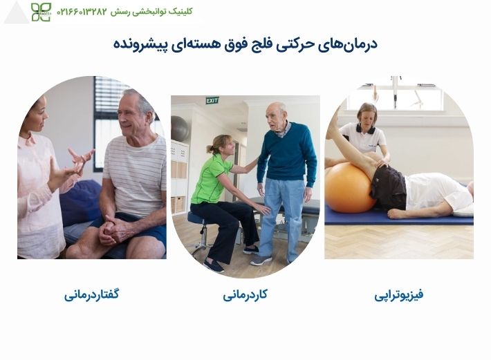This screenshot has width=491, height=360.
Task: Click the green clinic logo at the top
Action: pos(41,12)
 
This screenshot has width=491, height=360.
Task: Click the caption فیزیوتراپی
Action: pos(399,295)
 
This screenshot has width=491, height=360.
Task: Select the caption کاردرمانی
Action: pos(245,295)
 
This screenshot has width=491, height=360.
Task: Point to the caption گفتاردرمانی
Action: pos(92,295)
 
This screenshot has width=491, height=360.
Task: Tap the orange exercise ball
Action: pos(351,187)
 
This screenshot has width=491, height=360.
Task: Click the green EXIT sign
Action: pos(212,101)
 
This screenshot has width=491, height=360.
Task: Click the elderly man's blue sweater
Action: pos(286,153)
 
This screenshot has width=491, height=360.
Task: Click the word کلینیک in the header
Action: pos(181,12)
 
